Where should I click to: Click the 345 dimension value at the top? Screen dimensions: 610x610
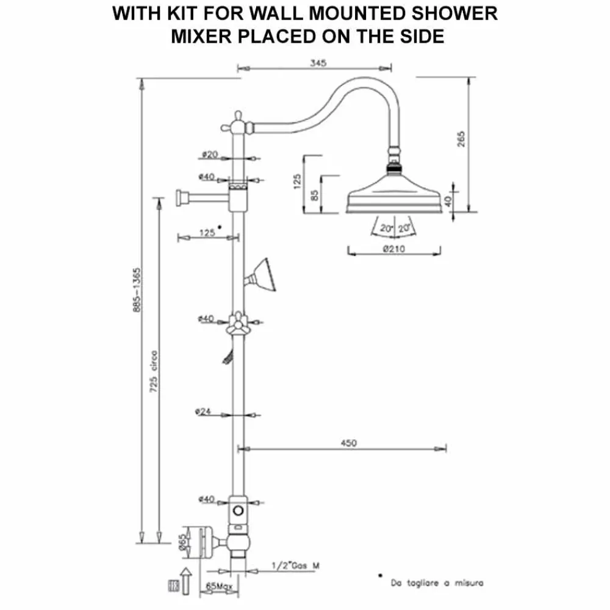318,62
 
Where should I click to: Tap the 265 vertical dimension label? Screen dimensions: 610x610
461,139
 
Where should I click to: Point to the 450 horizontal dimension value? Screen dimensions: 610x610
349,443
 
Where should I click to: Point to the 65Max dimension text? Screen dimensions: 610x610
215,584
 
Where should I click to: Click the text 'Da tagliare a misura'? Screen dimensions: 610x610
437,584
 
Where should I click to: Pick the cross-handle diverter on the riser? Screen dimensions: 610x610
237,322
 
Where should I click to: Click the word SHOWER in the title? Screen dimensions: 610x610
457,14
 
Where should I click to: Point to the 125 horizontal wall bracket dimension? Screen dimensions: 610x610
207,232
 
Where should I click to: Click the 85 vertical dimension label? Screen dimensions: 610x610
315,195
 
